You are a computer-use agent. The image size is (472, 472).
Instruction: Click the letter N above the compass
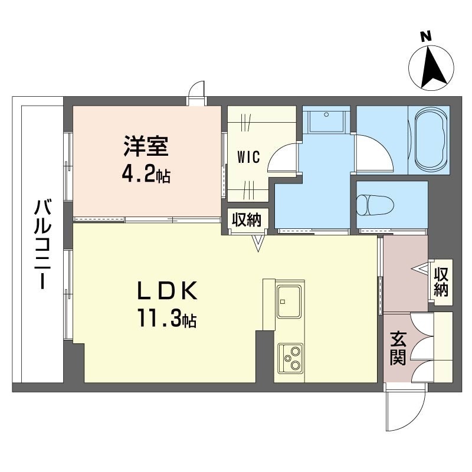click(425, 37)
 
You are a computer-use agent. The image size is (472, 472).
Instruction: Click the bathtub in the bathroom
click(431, 140)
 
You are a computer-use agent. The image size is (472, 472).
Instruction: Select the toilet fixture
click(375, 205)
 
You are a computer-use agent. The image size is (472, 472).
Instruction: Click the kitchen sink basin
click(289, 301)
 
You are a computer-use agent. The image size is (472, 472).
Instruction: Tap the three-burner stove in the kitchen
click(290, 358)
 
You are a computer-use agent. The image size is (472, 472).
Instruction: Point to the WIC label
click(248, 157)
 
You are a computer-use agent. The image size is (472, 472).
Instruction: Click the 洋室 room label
click(145, 146)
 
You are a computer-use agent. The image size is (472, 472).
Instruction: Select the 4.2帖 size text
click(146, 175)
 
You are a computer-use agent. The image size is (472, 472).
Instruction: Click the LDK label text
click(167, 290)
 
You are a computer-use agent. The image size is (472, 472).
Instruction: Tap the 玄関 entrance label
click(398, 348)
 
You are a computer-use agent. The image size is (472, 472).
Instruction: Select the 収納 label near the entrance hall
click(441, 281)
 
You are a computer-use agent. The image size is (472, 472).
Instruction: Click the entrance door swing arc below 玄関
click(405, 411)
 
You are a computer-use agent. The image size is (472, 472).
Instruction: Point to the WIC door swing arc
click(282, 158)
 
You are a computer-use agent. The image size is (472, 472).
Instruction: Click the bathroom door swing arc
click(374, 154)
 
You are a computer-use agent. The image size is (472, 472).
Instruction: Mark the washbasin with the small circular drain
click(326, 121)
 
